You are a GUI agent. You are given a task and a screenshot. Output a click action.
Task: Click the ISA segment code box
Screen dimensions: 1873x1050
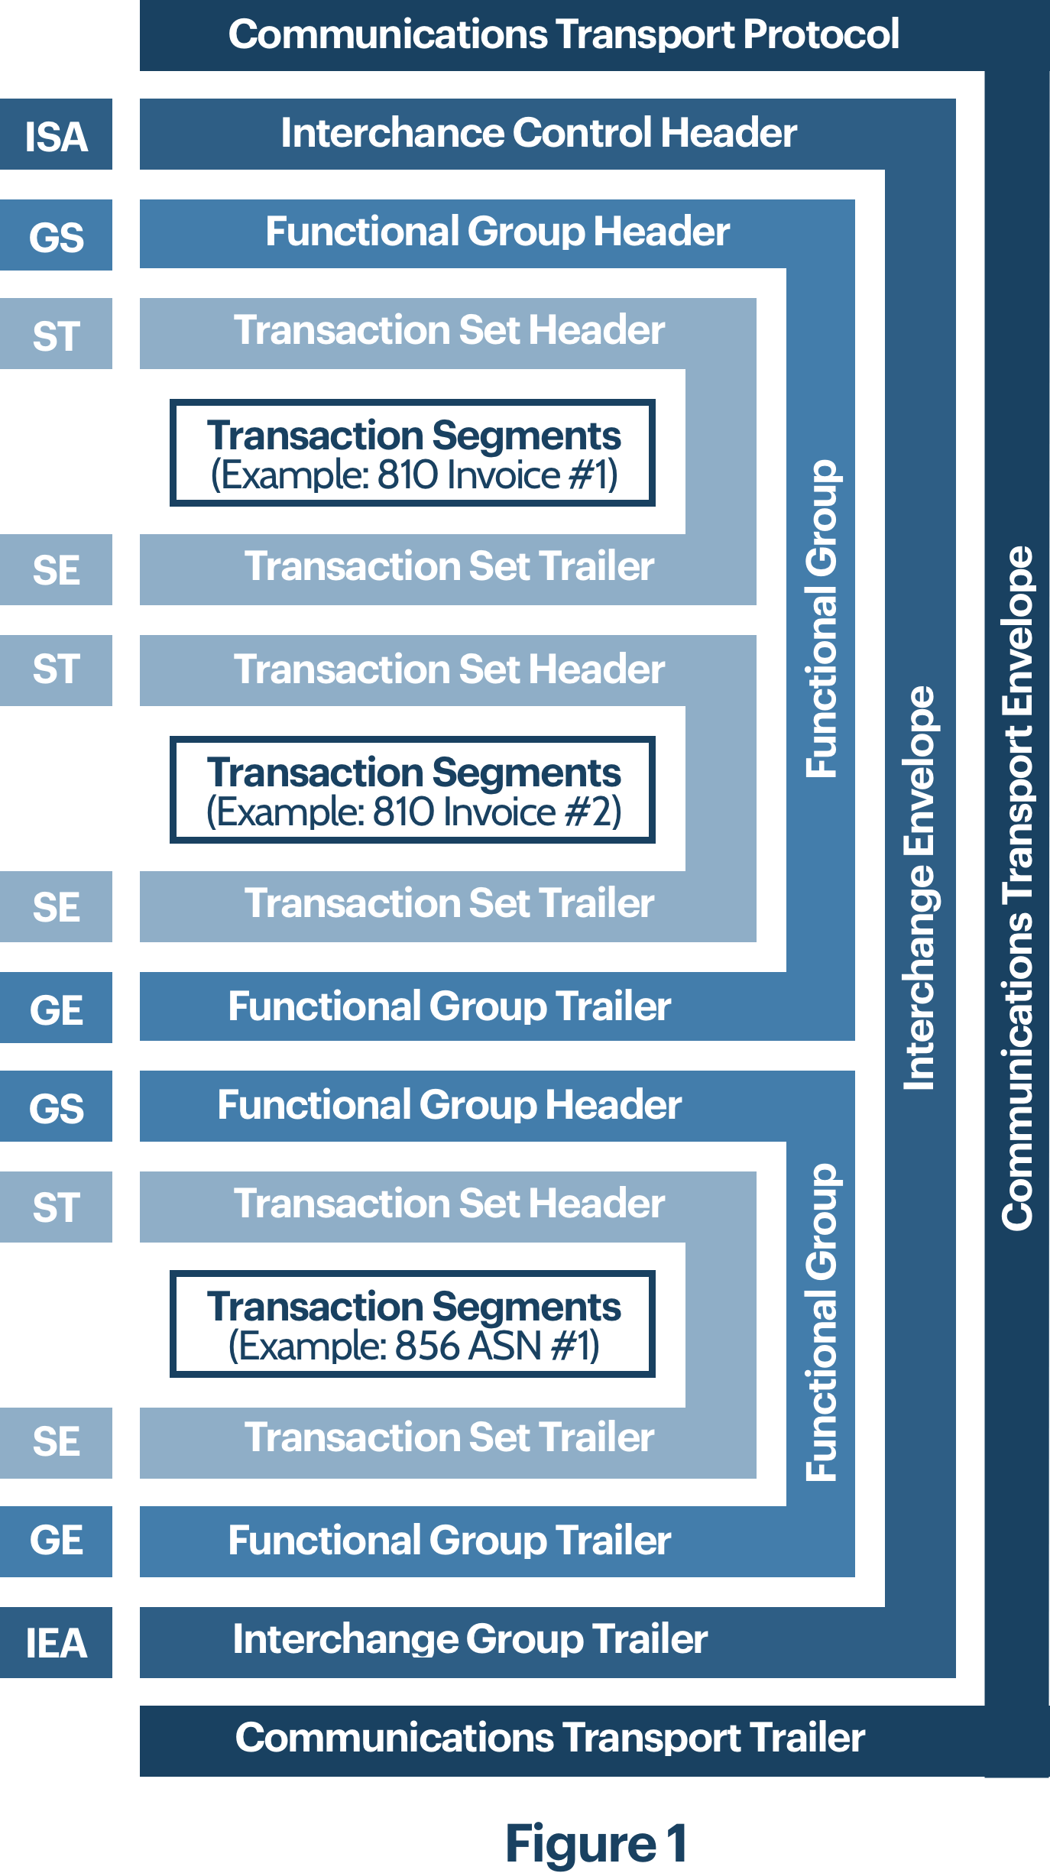tap(56, 135)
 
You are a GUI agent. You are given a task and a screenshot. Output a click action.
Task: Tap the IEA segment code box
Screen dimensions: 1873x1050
tap(56, 1642)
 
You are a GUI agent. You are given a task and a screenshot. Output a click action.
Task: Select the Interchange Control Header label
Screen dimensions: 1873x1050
tap(538, 133)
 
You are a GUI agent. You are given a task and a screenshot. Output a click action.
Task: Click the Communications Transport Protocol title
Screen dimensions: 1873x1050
tap(563, 34)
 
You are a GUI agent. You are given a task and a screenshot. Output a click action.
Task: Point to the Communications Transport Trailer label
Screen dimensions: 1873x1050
tap(549, 1737)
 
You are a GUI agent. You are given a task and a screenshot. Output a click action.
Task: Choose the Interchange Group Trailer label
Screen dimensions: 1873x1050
tap(470, 1639)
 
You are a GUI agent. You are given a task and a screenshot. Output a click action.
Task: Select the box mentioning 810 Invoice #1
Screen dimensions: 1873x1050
tap(413, 453)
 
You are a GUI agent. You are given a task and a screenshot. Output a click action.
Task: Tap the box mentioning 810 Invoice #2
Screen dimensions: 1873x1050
tap(413, 790)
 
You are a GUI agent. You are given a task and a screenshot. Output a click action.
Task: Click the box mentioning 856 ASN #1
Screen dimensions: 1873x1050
tap(413, 1325)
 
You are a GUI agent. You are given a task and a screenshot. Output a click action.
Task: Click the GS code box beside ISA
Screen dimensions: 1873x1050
tap(56, 235)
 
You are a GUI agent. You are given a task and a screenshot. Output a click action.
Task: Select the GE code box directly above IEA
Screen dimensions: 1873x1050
tap(56, 1541)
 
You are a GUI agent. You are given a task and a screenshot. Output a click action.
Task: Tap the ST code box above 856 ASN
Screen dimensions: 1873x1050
tap(56, 1207)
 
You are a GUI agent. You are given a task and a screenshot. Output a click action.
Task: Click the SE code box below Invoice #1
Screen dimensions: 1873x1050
tap(56, 570)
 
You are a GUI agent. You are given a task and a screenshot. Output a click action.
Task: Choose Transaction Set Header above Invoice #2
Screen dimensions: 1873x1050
tap(449, 669)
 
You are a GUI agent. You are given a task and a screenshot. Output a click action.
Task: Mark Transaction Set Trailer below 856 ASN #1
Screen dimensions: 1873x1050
tap(449, 1438)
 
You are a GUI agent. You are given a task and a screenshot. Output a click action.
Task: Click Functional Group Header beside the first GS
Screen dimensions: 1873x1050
tap(497, 232)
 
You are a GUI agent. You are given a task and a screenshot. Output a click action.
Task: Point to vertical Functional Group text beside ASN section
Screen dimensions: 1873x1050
tap(822, 1322)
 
